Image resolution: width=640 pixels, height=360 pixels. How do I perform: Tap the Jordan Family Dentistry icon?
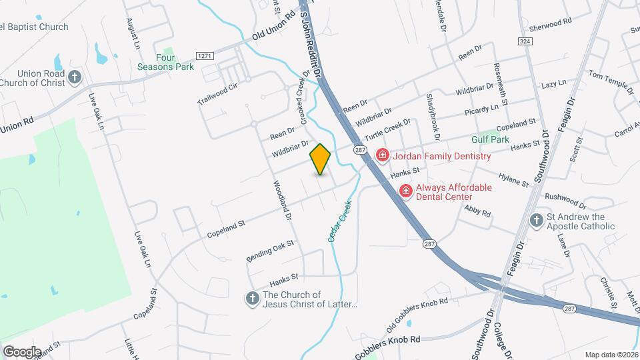pos(383,156)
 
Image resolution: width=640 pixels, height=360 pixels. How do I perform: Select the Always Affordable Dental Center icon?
pos(405,192)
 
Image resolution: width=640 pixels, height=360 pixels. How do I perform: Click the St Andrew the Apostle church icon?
pos(536,221)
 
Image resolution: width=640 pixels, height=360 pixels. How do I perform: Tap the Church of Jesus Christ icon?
pos(253,299)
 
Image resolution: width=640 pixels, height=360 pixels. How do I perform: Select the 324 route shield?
pos(524,41)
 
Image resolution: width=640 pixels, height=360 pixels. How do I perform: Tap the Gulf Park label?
pos(490,139)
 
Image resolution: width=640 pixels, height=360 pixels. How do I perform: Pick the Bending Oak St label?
pos(270,251)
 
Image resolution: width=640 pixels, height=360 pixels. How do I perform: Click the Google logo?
pos(22,351)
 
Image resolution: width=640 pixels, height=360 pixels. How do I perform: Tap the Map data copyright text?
pos(611,355)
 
